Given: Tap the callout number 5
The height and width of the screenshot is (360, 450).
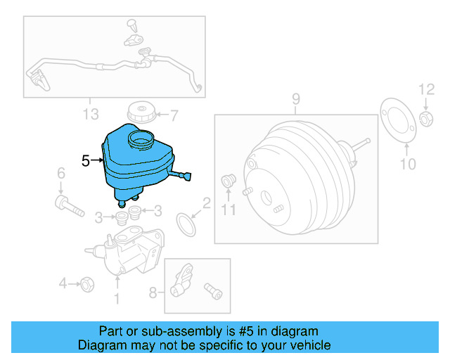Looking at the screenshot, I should tap(85, 161).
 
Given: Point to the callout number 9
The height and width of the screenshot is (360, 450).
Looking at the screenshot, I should tap(295, 98).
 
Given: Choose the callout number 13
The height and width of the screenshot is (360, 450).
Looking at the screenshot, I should tap(90, 113).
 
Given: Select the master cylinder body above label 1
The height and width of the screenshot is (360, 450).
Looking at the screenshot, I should tap(127, 253).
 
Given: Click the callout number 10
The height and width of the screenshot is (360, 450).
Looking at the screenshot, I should tap(408, 165).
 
